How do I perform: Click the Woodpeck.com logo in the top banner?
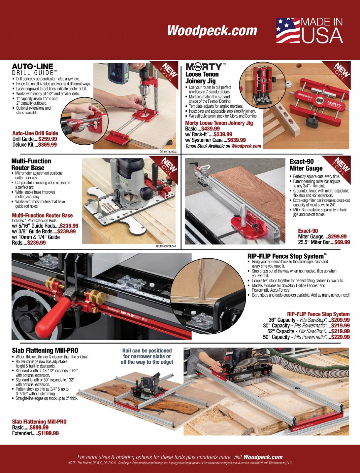pyautogui.click(x=212, y=31)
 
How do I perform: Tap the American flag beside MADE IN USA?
pyautogui.click(x=288, y=30)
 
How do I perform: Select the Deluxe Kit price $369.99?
pyautogui.click(x=48, y=145)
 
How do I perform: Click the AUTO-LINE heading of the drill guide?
pyautogui.click(x=32, y=66)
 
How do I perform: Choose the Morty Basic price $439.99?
pyautogui.click(x=211, y=128)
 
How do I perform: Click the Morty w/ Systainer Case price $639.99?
pyautogui.click(x=237, y=140)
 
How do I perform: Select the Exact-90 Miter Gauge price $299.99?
pyautogui.click(x=337, y=236)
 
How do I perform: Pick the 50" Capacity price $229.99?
pyautogui.click(x=341, y=337)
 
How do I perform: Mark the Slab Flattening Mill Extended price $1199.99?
pyautogui.click(x=49, y=433)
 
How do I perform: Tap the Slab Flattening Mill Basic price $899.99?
pyautogui.click(x=39, y=427)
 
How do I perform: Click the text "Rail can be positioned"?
pyautogui.click(x=147, y=350)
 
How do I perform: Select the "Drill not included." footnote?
pyautogui.click(x=168, y=152)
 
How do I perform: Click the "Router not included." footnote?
pyautogui.click(x=166, y=246)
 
